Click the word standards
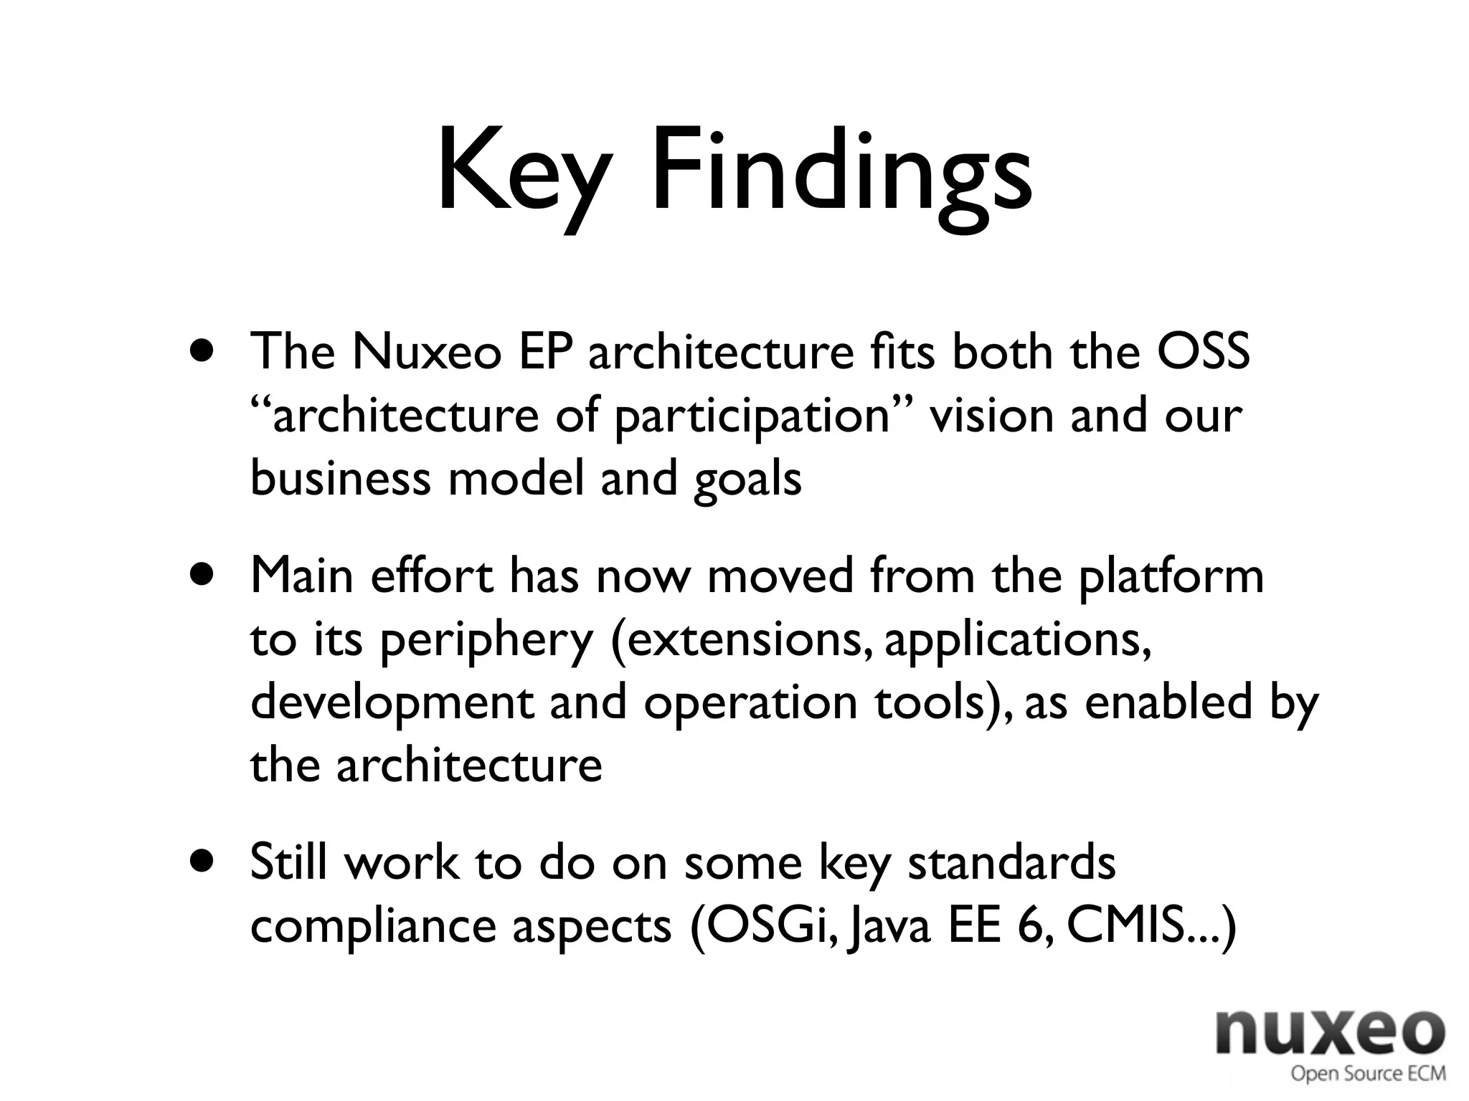1011,862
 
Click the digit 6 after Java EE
1032,925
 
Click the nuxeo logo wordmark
1331,1032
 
